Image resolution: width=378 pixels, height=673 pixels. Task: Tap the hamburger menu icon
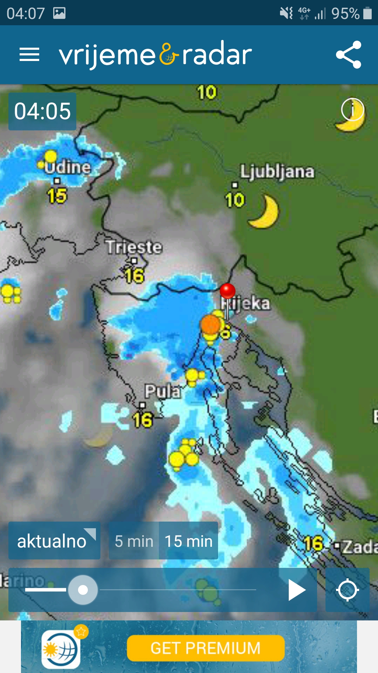29,55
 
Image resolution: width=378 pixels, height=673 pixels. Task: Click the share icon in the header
348,55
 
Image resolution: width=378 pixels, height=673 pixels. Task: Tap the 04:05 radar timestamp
42,111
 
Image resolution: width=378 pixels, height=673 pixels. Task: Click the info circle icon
352,109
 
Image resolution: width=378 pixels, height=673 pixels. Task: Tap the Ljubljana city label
277,171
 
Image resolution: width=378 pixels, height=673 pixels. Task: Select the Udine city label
68,167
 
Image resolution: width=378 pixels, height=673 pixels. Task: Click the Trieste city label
134,247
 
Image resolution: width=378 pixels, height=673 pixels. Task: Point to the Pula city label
163,391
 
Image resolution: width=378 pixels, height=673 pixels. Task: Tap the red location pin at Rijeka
227,291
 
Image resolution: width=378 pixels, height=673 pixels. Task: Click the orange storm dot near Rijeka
210,324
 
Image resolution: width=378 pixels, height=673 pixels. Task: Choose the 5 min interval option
134,541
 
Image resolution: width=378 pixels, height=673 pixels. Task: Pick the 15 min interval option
189,541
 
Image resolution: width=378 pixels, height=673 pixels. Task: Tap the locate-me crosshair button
347,590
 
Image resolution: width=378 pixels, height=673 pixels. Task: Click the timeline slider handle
83,590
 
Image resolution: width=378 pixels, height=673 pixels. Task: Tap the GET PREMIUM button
205,648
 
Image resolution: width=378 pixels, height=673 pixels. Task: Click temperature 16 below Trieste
135,276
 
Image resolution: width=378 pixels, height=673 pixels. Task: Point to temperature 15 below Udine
57,196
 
